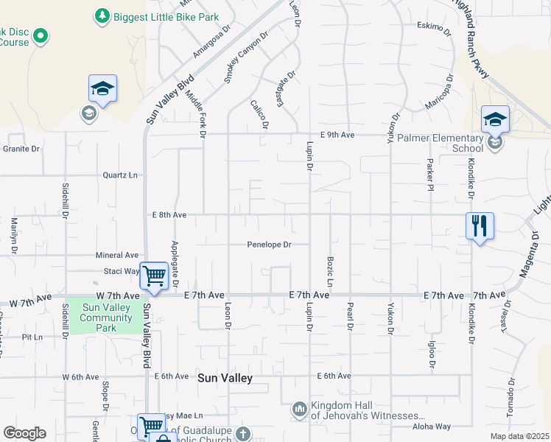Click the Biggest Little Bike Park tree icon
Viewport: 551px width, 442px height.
(x=102, y=15)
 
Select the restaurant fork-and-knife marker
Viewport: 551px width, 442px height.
(x=480, y=226)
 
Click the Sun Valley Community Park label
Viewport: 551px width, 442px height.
(x=107, y=318)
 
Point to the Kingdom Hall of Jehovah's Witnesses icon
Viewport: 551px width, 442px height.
(x=299, y=408)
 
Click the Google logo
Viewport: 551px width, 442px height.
(x=24, y=433)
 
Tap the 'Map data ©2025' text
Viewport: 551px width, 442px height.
(x=519, y=436)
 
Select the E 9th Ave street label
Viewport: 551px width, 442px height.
(x=337, y=135)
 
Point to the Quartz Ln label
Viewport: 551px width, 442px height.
(x=120, y=175)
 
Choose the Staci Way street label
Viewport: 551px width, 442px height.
(x=122, y=271)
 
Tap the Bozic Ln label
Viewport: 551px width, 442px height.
(x=330, y=273)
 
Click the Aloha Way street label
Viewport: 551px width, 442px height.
(x=432, y=427)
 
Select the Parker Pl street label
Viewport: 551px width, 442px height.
(x=429, y=175)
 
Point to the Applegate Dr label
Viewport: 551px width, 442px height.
(x=175, y=264)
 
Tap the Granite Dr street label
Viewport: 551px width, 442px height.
(x=21, y=149)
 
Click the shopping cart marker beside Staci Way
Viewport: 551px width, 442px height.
(x=154, y=276)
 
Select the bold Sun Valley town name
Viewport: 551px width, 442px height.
(x=225, y=378)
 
